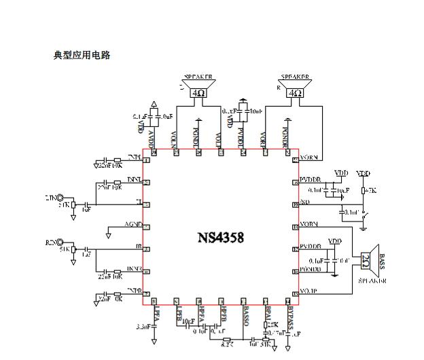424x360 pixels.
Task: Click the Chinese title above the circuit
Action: click(x=82, y=55)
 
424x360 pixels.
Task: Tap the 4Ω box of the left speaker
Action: click(x=198, y=93)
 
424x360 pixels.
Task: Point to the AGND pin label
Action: click(x=133, y=224)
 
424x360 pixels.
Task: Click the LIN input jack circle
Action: click(x=60, y=198)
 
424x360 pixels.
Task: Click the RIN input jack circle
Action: click(x=60, y=242)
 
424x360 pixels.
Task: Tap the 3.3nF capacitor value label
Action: click(x=144, y=327)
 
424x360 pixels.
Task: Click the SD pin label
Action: click(x=306, y=202)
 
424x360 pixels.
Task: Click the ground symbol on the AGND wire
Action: click(x=109, y=234)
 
